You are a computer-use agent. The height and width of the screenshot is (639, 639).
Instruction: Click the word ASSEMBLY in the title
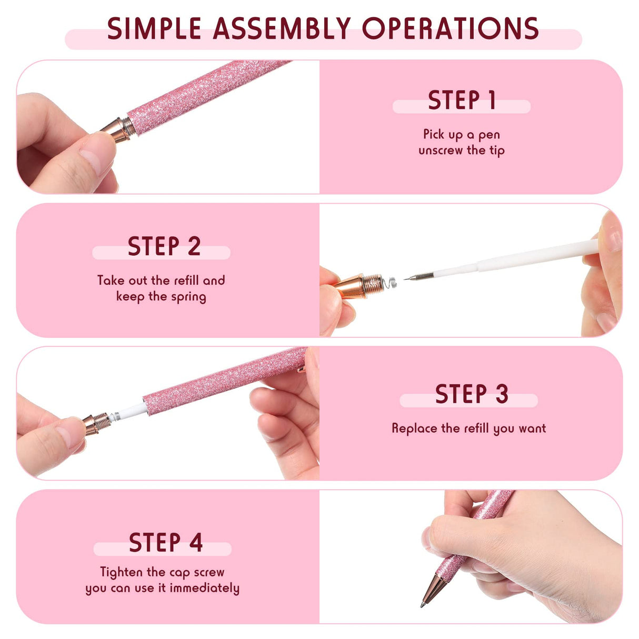coord(282,29)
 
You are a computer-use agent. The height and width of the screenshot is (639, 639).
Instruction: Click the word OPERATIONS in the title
coord(450,29)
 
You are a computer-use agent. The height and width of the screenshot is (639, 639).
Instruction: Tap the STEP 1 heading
coord(462,101)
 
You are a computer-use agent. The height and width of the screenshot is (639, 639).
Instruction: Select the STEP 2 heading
coord(164,246)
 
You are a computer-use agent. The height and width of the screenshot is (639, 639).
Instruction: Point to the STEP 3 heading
coord(471,394)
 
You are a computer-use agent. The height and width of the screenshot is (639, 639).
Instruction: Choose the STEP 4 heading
coord(166,543)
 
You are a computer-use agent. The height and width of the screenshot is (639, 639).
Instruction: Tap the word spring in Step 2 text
coord(188,297)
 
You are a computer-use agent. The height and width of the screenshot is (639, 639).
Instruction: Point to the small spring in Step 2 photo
coord(390,285)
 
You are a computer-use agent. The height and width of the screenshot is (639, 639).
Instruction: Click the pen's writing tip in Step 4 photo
coord(424,603)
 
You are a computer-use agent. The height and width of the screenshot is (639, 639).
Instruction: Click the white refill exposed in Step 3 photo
coord(129,411)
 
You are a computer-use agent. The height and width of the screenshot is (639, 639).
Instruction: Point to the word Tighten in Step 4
coord(122,572)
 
